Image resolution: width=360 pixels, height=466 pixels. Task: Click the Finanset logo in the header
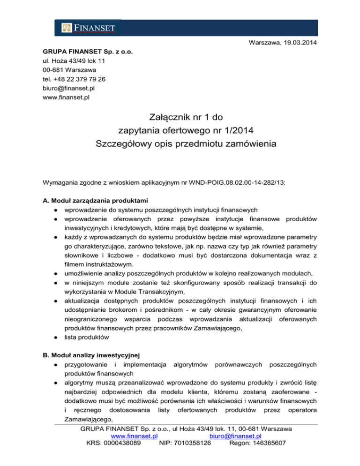[x=88, y=28]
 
